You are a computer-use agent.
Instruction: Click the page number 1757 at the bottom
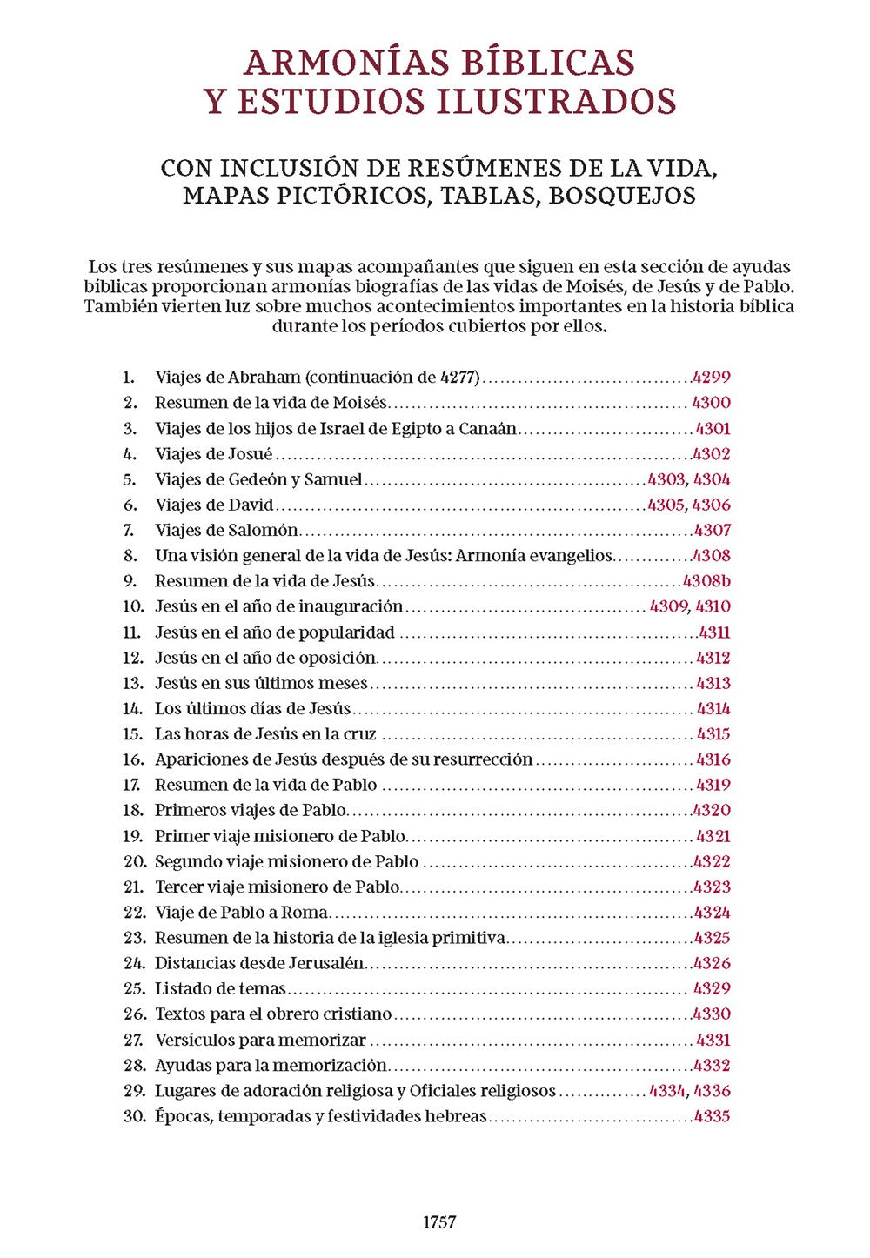(x=439, y=1222)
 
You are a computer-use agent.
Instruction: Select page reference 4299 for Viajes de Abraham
(x=711, y=378)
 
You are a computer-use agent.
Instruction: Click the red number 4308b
(x=706, y=581)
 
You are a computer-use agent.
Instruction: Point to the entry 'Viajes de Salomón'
(x=226, y=530)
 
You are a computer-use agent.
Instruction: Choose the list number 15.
(x=133, y=734)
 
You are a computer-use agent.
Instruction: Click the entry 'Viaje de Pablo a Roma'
(x=241, y=913)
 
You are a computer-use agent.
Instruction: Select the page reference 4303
(x=666, y=479)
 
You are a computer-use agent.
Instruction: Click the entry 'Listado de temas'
(x=220, y=988)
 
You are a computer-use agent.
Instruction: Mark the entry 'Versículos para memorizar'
(x=260, y=1040)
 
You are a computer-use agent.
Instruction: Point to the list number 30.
(x=134, y=1116)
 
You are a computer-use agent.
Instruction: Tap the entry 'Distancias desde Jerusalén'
(x=259, y=963)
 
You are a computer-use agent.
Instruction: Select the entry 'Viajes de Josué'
(x=213, y=454)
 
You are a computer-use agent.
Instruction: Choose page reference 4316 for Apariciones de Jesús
(x=713, y=759)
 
